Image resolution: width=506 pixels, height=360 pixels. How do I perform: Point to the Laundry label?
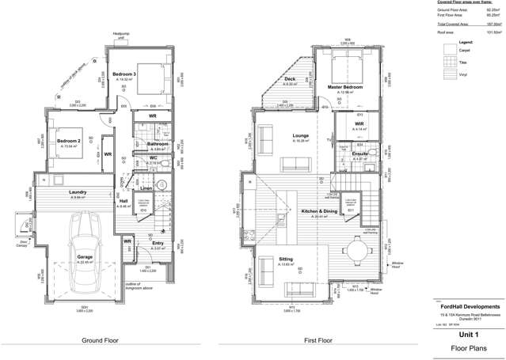78,192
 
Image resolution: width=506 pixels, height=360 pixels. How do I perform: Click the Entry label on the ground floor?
158,243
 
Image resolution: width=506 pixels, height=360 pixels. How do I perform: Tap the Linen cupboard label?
146,188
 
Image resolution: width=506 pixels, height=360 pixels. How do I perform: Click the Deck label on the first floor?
290,79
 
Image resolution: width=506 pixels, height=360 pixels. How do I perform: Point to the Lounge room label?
300,135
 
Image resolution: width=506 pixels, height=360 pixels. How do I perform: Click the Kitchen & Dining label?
319,211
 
